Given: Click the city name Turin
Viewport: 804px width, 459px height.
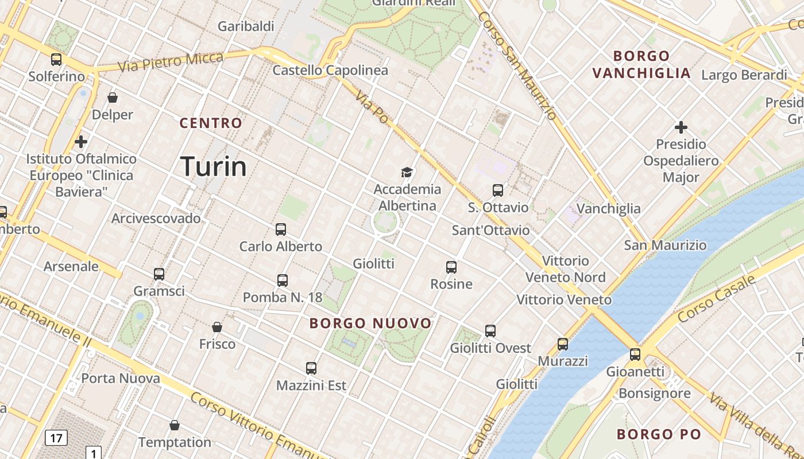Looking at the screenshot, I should click(x=214, y=166).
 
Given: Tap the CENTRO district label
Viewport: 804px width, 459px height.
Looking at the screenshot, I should click(x=211, y=123).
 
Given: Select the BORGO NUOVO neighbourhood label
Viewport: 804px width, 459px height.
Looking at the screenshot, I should click(x=370, y=323).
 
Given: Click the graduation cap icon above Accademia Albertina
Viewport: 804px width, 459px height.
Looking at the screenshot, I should click(x=407, y=172).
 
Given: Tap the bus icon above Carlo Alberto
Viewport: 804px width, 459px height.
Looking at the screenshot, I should click(x=281, y=229).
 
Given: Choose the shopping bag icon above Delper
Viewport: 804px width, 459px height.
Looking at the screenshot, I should click(x=113, y=98).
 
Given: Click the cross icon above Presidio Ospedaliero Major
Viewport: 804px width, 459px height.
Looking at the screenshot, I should click(x=681, y=127).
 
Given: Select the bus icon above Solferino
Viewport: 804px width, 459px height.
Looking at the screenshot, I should click(x=56, y=59).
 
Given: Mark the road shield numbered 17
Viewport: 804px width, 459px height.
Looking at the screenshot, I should click(x=56, y=438).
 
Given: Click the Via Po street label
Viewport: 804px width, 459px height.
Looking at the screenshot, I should click(x=372, y=107).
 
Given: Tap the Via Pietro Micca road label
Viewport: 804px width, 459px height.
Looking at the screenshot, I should click(x=171, y=61).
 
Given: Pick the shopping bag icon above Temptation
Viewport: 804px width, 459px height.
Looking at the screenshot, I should click(x=175, y=425).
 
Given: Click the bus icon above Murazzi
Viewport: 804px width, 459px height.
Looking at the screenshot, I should click(x=563, y=344).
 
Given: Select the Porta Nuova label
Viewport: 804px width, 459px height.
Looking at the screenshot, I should click(x=121, y=378).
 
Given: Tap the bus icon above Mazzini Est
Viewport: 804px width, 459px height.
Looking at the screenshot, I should click(x=311, y=368).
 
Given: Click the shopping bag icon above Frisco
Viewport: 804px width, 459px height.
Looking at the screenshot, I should click(x=217, y=327).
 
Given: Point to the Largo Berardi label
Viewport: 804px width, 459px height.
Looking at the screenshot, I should click(x=744, y=75).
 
